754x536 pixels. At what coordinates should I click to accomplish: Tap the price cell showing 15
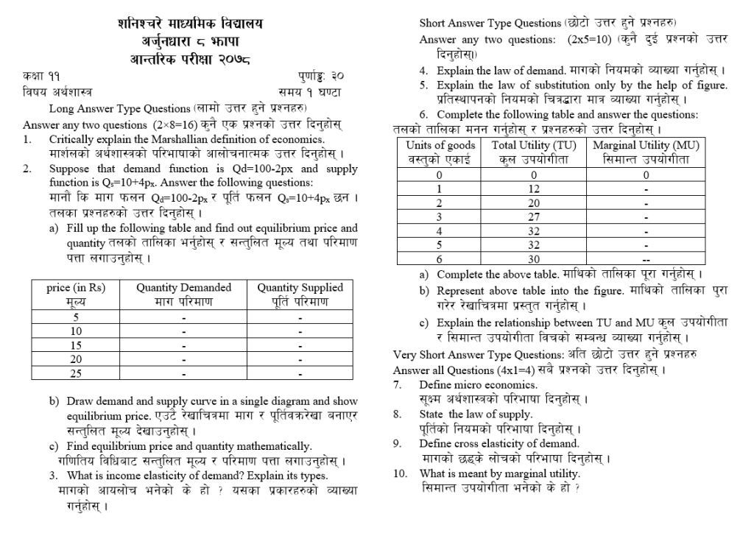point(75,345)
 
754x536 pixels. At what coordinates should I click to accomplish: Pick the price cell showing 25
point(75,373)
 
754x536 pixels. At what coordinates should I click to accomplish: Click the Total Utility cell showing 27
point(534,216)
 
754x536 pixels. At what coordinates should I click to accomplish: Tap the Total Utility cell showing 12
point(534,188)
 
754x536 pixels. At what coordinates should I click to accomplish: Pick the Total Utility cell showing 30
point(534,258)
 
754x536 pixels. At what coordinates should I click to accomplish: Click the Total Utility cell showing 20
point(534,202)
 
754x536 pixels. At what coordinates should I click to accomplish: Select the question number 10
point(399,473)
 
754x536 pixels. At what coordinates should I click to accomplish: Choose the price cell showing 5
point(75,317)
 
